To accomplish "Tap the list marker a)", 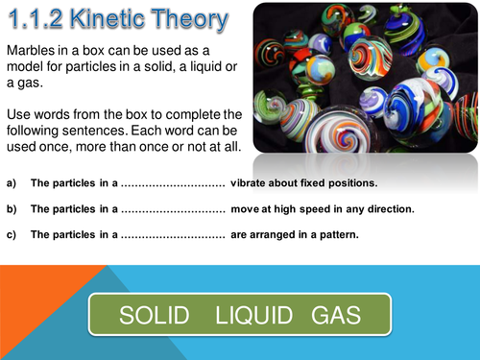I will pos(12,183).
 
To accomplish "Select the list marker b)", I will pos(12,208).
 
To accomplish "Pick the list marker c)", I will pos(12,233).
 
